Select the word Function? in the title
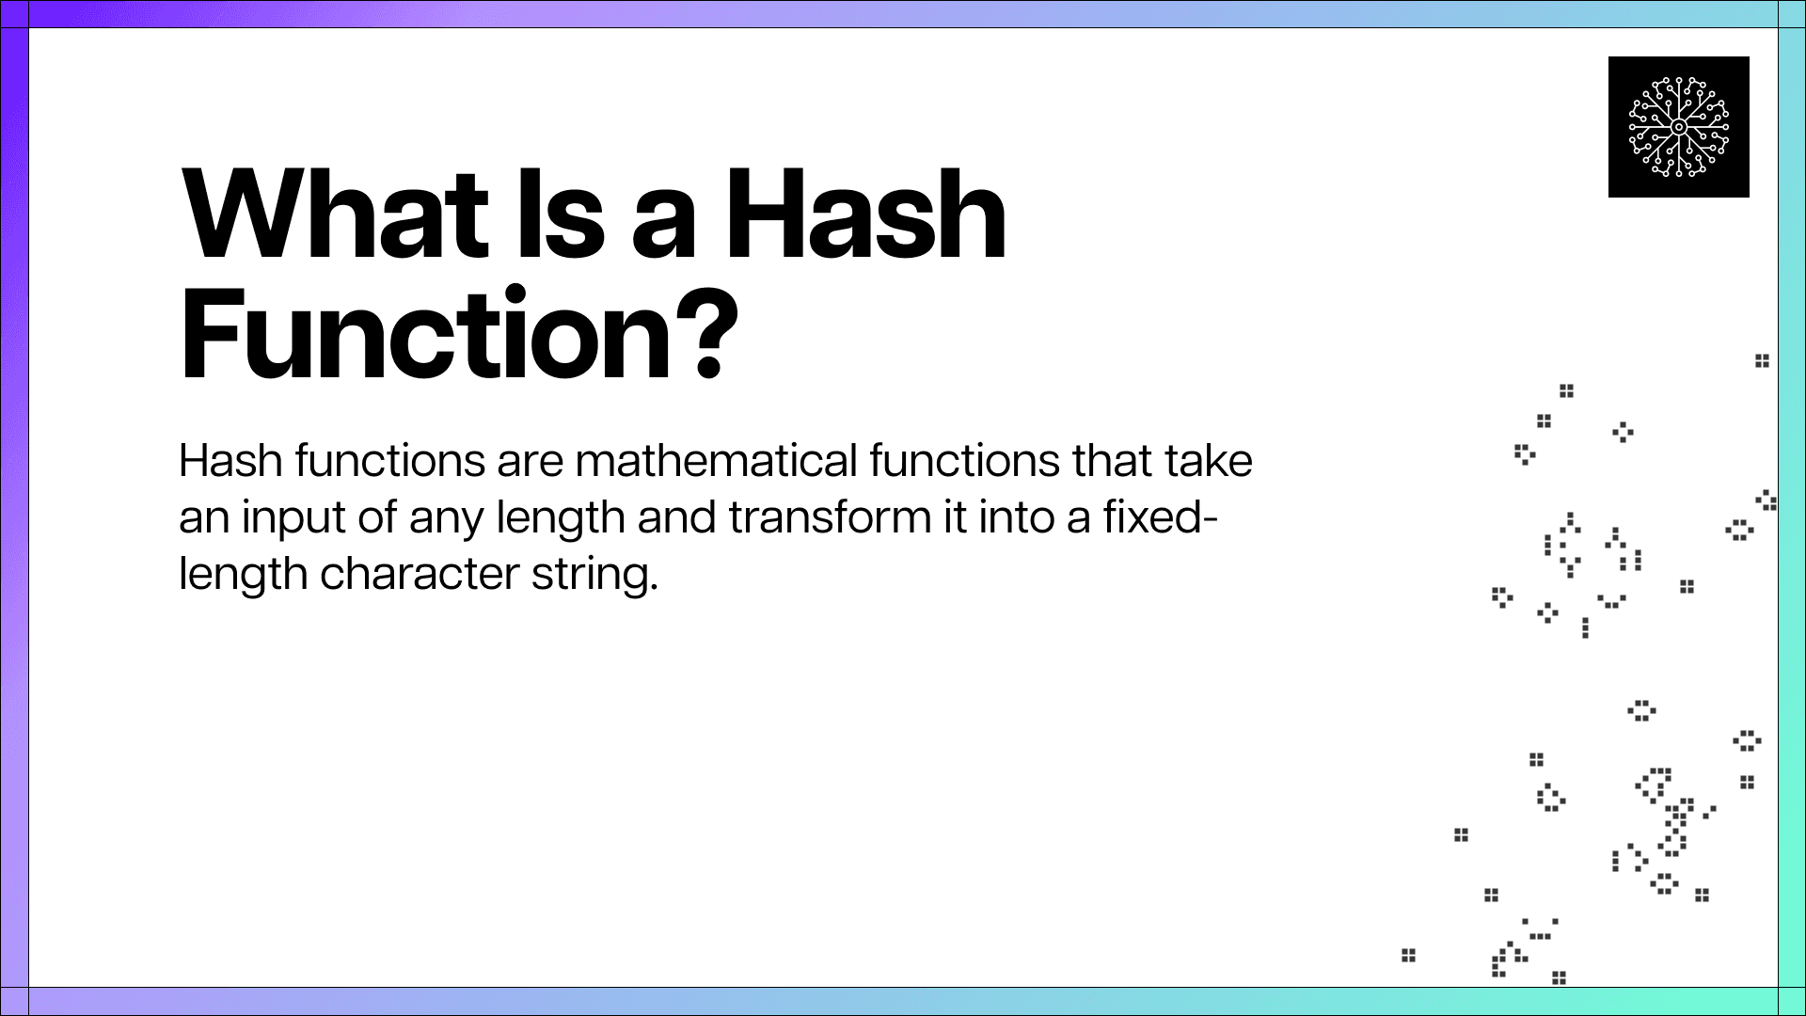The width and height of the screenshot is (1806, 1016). pos(459,335)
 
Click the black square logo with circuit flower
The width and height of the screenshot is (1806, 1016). pos(1678,127)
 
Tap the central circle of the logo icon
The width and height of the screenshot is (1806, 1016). pos(1679,127)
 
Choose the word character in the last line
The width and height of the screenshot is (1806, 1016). pos(419,574)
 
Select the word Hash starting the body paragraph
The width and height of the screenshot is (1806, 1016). pos(230,461)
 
